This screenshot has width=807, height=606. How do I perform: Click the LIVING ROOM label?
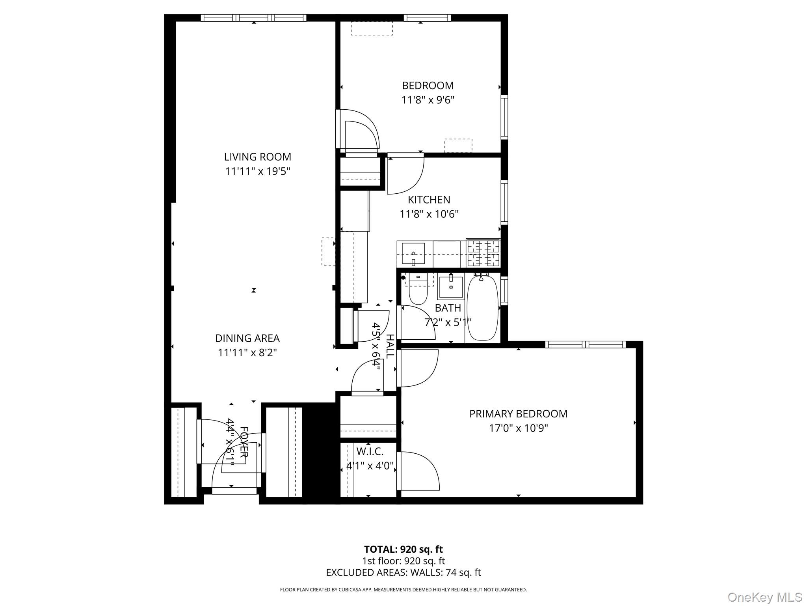click(x=257, y=157)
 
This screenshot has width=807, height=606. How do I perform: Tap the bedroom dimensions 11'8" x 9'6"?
click(x=428, y=100)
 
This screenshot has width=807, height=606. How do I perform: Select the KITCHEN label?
click(x=429, y=200)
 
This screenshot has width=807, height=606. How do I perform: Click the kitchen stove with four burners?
click(x=483, y=253)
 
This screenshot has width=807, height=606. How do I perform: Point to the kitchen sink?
click(x=413, y=253)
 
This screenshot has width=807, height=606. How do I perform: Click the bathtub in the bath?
click(x=483, y=308)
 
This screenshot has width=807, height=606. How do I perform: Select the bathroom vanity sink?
click(x=450, y=287)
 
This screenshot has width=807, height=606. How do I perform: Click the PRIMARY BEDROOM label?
click(x=518, y=413)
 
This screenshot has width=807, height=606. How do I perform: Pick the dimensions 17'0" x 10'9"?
click(x=518, y=428)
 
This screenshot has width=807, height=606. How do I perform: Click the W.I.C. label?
click(x=370, y=451)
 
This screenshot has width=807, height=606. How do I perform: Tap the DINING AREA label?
click(x=247, y=338)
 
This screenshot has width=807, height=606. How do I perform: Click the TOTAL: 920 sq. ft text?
click(x=403, y=549)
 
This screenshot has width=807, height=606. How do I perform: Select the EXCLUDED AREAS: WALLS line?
click(x=403, y=572)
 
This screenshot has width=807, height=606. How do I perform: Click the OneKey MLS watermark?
click(x=764, y=597)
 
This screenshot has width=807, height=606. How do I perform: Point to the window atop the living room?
click(x=253, y=18)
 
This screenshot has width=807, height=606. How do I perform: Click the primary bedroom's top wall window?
click(x=585, y=344)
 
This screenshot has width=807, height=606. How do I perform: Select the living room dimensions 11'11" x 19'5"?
click(x=257, y=171)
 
